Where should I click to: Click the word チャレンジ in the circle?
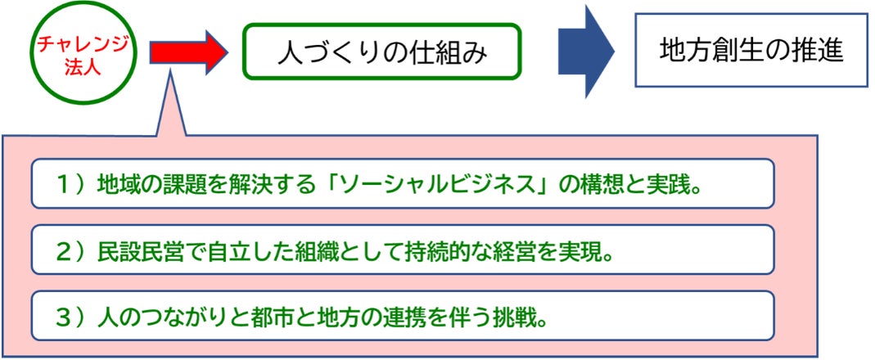[77, 43]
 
